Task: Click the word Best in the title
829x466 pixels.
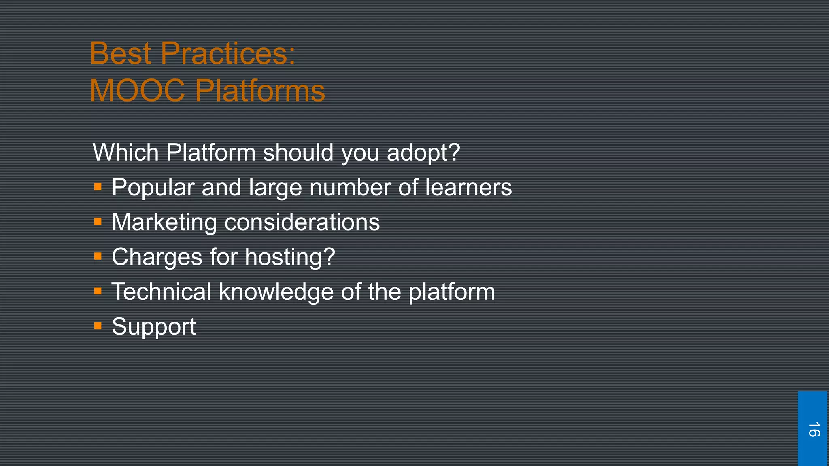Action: tap(120, 53)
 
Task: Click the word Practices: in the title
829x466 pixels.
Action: tap(228, 53)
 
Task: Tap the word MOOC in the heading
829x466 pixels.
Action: tap(137, 91)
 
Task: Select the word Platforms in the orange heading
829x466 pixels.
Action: tap(260, 91)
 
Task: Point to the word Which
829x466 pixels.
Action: tap(125, 153)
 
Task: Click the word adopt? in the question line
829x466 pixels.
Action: tap(423, 153)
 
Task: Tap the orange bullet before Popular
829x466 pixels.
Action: tap(98, 187)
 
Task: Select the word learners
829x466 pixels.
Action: tap(468, 187)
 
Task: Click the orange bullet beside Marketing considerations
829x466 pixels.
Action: tap(98, 222)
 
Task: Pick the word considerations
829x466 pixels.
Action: tap(302, 222)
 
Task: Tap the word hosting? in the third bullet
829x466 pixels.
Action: tap(290, 257)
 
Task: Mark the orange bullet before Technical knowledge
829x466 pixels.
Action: tap(98, 291)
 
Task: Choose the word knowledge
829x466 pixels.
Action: tap(276, 292)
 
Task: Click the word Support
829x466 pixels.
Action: tap(154, 327)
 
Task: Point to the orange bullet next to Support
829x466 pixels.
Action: tap(98, 326)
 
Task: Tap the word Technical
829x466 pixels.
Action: tap(161, 292)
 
